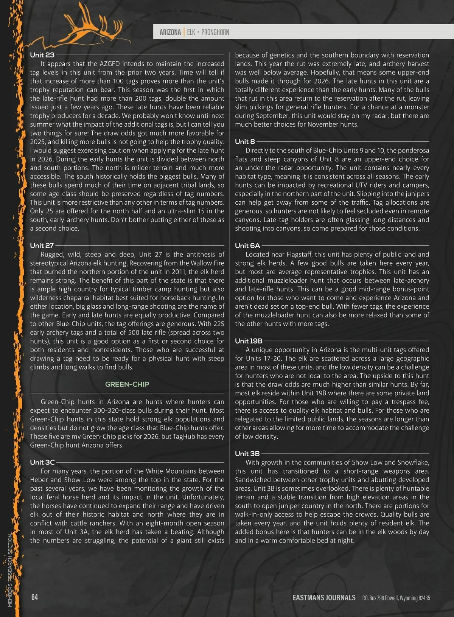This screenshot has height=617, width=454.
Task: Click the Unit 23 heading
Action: pos(42,55)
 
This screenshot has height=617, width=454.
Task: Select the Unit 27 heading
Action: pos(42,246)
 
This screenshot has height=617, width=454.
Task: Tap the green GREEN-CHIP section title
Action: pos(127,384)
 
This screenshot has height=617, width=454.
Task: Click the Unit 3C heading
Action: pos(42,462)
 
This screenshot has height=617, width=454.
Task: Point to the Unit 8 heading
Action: pos(245,142)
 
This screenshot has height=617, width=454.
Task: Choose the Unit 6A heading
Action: pos(247,246)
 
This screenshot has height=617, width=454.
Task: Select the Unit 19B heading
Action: pos(249,341)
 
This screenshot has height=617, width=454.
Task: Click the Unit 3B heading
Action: pos(247,454)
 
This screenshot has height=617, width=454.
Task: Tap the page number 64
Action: pos(34,597)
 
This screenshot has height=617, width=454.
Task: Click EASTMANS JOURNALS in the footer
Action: pos(323,598)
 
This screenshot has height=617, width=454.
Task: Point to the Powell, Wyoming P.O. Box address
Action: pos(396,598)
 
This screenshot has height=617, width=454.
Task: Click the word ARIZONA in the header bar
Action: pos(170,32)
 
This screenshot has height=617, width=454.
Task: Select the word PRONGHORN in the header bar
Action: pos(215,32)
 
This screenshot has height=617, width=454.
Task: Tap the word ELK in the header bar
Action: pos(191,32)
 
